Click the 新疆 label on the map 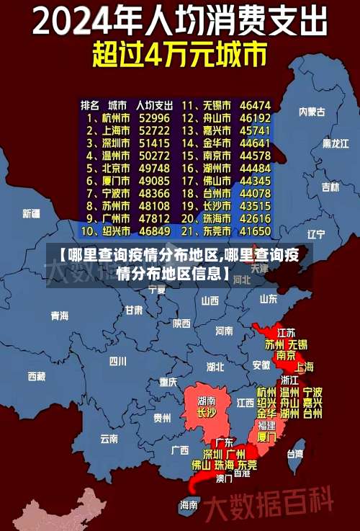pyautogui.click(x=31, y=213)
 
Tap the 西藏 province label pyautogui.click(x=36, y=376)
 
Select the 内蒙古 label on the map pyautogui.click(x=312, y=112)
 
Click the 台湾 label pyautogui.click(x=295, y=454)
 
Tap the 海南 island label pyautogui.click(x=189, y=505)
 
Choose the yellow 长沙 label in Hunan pyautogui.click(x=206, y=413)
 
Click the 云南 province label pyautogui.click(x=109, y=437)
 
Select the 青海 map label pyautogui.click(x=59, y=316)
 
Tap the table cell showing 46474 pyautogui.click(x=256, y=105)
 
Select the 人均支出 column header pyautogui.click(x=154, y=104)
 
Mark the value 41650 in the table pyautogui.click(x=256, y=231)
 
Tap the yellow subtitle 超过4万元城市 pyautogui.click(x=179, y=55)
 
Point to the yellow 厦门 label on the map pyautogui.click(x=266, y=437)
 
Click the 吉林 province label pyautogui.click(x=330, y=187)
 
